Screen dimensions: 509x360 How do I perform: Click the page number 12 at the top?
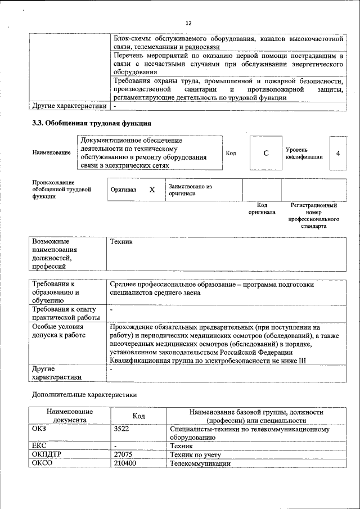[188, 22]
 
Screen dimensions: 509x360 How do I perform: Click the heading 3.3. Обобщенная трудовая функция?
[92, 123]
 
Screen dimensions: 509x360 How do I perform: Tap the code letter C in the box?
[265, 153]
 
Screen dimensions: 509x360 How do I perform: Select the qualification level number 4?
[337, 153]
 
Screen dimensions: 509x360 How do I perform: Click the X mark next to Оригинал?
[152, 190]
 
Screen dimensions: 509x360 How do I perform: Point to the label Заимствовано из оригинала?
[190, 190]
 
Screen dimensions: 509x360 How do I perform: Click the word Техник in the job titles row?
[121, 241]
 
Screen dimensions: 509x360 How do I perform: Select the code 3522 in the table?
[121, 429]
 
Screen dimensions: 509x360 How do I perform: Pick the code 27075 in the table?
[123, 454]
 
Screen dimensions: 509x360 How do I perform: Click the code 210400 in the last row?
[124, 463]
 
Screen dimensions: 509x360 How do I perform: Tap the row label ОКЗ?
[40, 429]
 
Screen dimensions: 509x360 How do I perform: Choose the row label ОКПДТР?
[47, 454]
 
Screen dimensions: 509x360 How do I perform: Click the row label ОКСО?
[43, 463]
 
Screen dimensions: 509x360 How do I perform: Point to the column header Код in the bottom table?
[138, 416]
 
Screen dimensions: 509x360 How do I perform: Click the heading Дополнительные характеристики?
[84, 394]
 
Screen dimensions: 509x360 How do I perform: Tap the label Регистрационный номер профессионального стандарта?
[313, 216]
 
